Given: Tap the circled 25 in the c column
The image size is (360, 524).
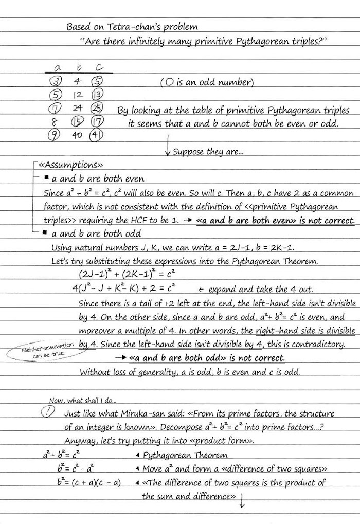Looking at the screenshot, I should coord(97,109).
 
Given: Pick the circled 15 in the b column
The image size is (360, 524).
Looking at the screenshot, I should coord(77,122).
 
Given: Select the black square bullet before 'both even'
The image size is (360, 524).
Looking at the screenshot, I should coord(46,178).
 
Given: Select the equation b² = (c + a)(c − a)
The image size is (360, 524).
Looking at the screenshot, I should coord(89,483).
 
